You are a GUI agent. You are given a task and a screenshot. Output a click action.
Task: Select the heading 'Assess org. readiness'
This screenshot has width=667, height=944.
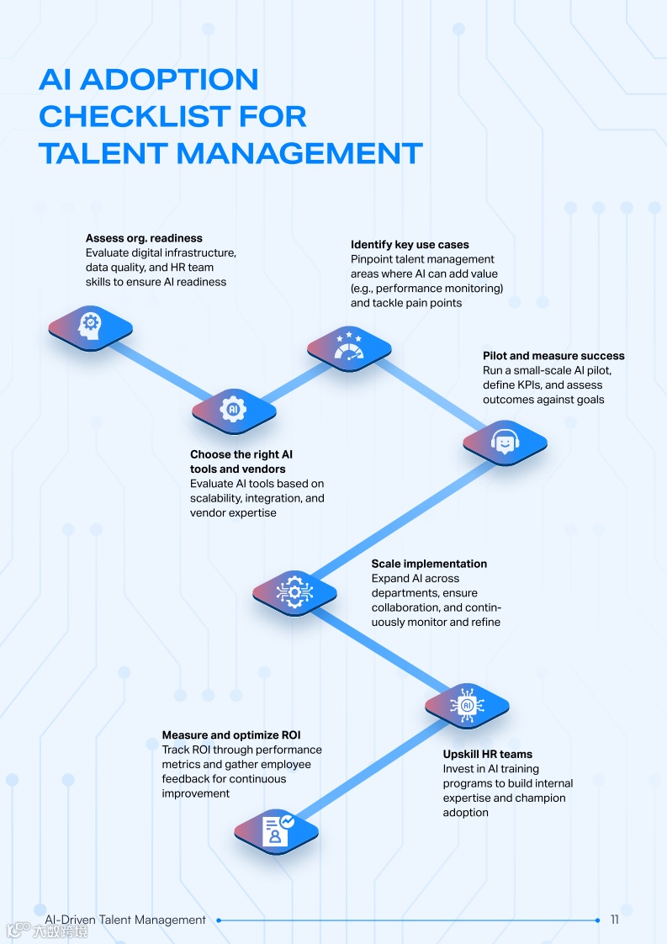pyautogui.click(x=144, y=238)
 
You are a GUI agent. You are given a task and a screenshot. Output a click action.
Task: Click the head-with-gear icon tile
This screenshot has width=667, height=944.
pyautogui.click(x=90, y=326)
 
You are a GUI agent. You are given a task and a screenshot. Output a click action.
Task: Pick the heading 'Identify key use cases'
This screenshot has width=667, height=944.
pyautogui.click(x=410, y=245)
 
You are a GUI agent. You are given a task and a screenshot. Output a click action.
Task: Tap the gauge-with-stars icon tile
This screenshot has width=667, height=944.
pyautogui.click(x=348, y=347)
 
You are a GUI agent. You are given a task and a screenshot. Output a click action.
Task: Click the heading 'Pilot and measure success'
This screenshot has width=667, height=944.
pyautogui.click(x=553, y=356)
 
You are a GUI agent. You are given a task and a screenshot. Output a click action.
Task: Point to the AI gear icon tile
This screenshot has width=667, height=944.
pyautogui.click(x=233, y=410)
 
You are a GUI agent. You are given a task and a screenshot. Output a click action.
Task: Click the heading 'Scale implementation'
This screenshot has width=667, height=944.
pyautogui.click(x=429, y=564)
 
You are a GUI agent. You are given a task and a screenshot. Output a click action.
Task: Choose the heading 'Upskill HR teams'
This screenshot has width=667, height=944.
pyautogui.click(x=488, y=754)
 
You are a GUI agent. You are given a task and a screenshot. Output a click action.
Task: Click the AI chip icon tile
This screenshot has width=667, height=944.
pyautogui.click(x=467, y=704)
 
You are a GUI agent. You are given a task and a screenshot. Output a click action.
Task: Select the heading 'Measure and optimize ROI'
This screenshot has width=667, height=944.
pyautogui.click(x=231, y=735)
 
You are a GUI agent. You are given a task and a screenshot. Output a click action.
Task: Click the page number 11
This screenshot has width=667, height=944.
pyautogui.click(x=615, y=920)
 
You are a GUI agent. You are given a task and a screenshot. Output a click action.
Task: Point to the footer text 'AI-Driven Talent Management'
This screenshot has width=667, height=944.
pyautogui.click(x=125, y=920)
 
